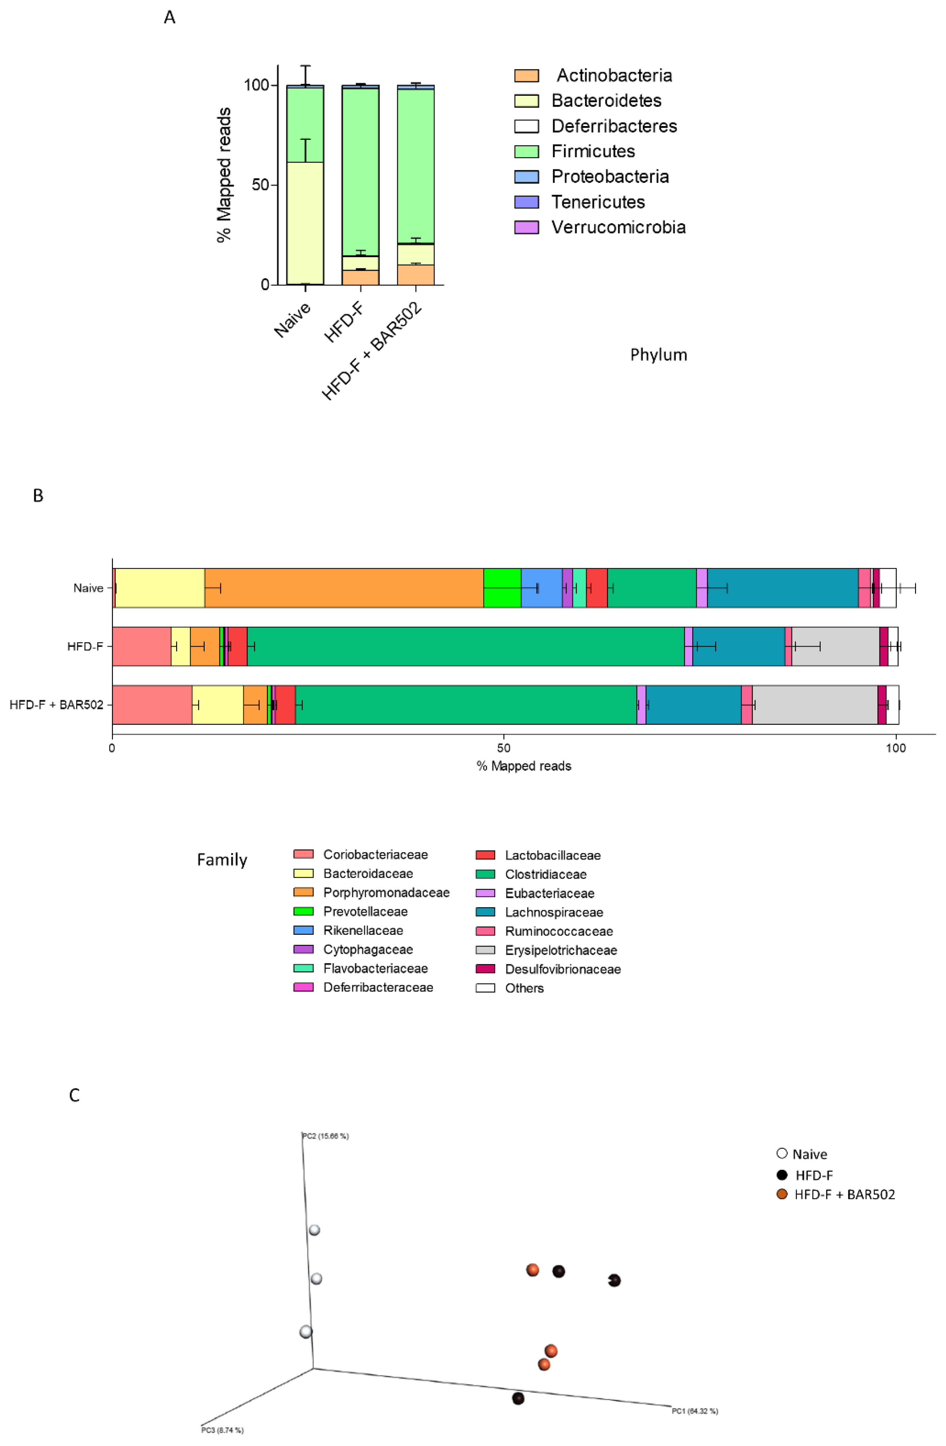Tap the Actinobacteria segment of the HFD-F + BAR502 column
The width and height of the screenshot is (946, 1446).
(x=416, y=275)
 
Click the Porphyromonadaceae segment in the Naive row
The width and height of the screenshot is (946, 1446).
(x=344, y=588)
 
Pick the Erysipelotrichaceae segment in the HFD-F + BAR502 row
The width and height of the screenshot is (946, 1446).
(x=814, y=705)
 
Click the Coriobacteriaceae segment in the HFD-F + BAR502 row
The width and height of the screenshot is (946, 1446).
(x=152, y=705)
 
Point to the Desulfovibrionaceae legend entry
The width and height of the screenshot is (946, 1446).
(x=563, y=969)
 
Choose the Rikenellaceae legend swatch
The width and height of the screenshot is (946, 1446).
(x=303, y=930)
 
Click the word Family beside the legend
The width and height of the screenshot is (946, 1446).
(x=222, y=860)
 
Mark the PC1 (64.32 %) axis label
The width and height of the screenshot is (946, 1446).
(x=695, y=1411)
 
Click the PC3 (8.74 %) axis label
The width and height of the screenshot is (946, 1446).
(x=222, y=1430)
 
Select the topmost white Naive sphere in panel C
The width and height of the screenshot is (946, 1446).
(x=314, y=1230)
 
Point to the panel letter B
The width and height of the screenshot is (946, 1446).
(x=38, y=496)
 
